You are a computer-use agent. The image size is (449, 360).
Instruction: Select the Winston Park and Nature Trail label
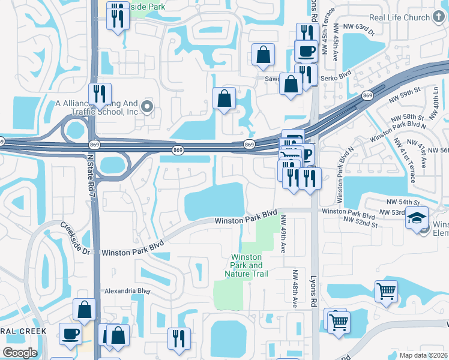(247, 265)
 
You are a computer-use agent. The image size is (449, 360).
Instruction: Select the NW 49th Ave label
(283, 235)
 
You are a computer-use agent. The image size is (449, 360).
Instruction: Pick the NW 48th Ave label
(295, 288)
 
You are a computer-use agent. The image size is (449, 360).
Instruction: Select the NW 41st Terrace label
(399, 152)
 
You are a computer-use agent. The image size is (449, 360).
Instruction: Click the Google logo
(20, 353)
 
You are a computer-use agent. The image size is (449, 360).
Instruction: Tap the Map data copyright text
(424, 354)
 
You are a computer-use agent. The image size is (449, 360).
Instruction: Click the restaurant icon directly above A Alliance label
(100, 94)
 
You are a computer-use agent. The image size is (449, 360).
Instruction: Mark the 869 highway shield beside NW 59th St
(367, 95)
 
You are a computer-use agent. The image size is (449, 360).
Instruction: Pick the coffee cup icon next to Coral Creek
(70, 333)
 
